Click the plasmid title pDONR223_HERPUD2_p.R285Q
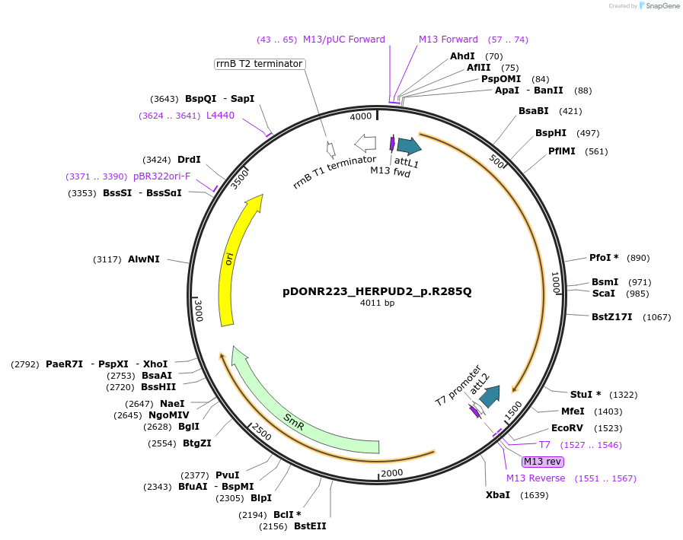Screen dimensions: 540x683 click(377, 291)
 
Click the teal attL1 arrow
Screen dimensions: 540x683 click(409, 146)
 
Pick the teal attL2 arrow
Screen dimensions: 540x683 click(490, 395)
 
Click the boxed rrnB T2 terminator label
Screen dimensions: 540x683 click(260, 64)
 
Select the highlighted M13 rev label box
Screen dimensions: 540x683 click(542, 461)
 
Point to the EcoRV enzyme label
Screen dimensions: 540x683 click(567, 428)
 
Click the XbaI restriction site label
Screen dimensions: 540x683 click(498, 495)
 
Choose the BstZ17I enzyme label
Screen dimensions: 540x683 click(612, 316)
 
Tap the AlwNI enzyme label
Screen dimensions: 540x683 click(144, 259)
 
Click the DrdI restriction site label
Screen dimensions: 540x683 click(189, 160)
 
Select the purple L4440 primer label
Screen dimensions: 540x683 click(220, 116)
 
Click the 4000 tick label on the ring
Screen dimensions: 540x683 click(361, 116)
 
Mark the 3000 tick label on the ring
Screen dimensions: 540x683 click(199, 310)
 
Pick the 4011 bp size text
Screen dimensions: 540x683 click(377, 303)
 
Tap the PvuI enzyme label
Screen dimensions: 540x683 click(227, 475)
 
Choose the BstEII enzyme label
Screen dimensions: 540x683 click(310, 526)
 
